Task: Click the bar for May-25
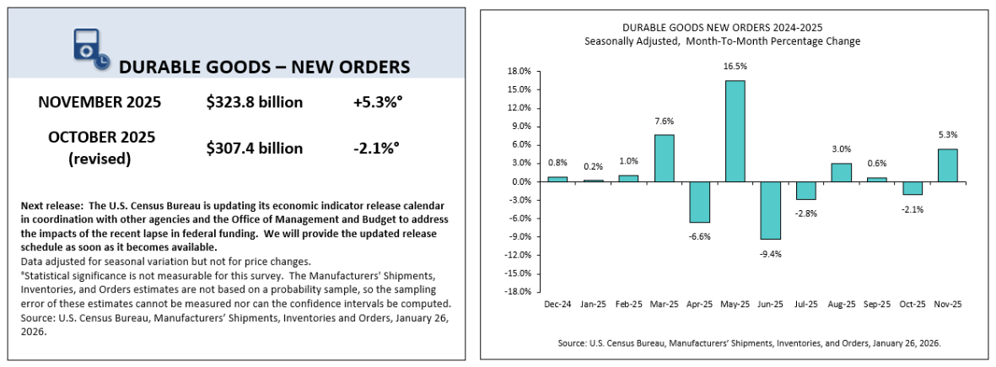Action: tap(735, 131)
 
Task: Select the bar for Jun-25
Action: tap(771, 210)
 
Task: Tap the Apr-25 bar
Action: tap(700, 202)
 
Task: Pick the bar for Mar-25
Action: tap(664, 158)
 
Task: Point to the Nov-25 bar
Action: tap(947, 165)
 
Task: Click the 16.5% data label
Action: tap(735, 66)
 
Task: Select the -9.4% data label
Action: tap(771, 254)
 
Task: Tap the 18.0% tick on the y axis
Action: tap(520, 72)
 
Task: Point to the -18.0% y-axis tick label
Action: tap(518, 292)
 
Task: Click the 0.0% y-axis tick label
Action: tap(521, 182)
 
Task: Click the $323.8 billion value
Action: tap(254, 103)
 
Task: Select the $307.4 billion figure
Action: tap(254, 148)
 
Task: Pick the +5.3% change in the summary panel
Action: tap(377, 103)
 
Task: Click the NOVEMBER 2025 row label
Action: tap(100, 103)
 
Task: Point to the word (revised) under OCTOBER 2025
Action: tap(100, 159)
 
